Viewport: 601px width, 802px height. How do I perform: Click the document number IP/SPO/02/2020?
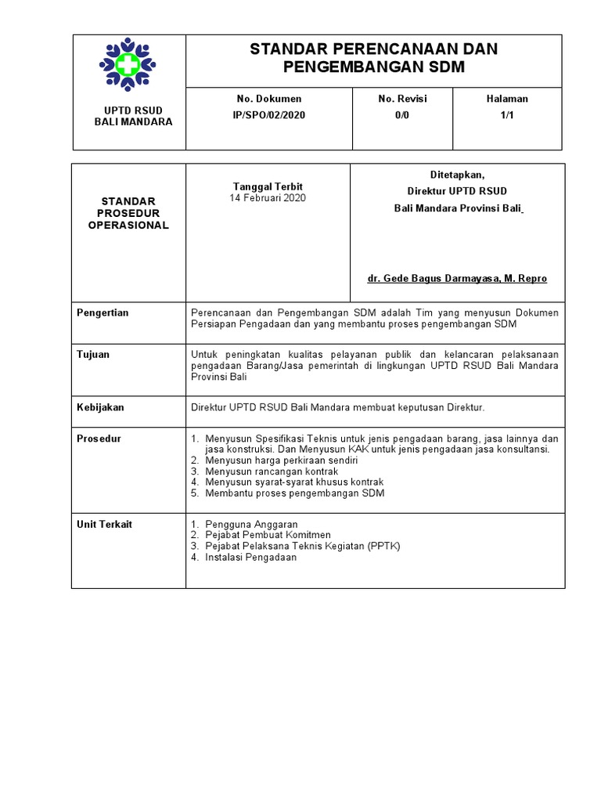coord(268,114)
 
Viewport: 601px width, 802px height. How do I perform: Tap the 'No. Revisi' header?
coord(402,99)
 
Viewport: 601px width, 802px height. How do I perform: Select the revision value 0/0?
coord(402,114)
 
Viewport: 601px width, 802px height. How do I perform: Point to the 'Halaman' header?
coord(507,99)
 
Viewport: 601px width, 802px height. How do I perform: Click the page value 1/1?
coord(507,114)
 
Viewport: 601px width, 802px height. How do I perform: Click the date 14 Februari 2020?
coord(268,198)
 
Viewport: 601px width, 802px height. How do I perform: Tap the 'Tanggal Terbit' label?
coord(268,186)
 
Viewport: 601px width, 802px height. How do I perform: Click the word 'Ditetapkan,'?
coord(457,175)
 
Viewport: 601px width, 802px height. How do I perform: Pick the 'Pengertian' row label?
coord(103,312)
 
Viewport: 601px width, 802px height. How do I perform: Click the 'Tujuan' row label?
coord(93,354)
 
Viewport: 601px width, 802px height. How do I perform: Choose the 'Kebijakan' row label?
coord(100,407)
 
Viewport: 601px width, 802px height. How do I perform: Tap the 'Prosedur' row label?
coord(99,439)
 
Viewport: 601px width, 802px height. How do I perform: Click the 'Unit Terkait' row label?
coord(104,524)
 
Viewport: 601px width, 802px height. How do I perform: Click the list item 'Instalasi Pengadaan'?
coord(250,558)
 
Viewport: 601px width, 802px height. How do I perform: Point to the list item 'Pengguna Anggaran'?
coord(250,524)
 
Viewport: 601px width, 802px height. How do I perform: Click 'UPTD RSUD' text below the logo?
coord(133,110)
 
